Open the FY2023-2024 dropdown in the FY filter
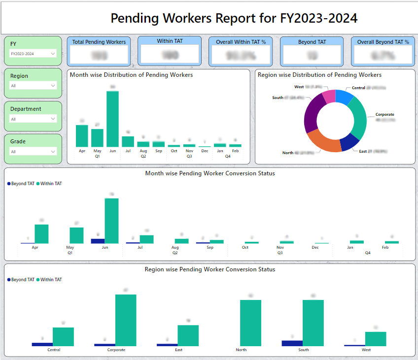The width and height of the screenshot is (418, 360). [x=33, y=53]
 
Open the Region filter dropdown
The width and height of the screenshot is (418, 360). [x=33, y=86]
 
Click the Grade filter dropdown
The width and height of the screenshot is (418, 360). [x=33, y=152]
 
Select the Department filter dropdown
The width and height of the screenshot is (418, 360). [x=33, y=119]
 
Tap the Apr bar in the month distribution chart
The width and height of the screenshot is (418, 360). [x=82, y=135]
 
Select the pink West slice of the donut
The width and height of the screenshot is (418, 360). [x=328, y=97]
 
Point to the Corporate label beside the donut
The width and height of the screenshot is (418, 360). [x=384, y=114]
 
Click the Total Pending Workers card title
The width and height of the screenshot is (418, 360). [x=99, y=42]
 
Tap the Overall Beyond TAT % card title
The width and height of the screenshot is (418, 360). [x=383, y=42]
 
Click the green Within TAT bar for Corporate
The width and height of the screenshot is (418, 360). [x=126, y=320]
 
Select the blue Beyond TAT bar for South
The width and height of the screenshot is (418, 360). [x=292, y=343]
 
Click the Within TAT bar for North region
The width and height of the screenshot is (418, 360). [x=250, y=323]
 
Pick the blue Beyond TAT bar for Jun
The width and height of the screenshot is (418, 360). [x=98, y=241]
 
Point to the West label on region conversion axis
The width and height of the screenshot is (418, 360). [x=366, y=350]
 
